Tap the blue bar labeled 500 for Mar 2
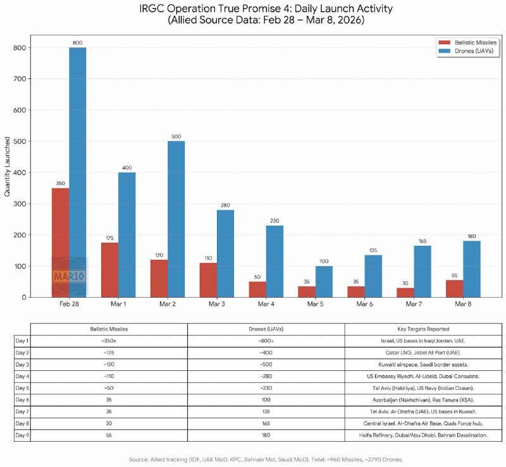point(176,219)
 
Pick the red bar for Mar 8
point(454,289)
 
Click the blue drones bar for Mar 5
point(324,281)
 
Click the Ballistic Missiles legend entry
point(465,42)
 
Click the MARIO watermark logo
point(69,277)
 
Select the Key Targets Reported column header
point(423,329)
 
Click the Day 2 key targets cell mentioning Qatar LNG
point(423,351)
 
